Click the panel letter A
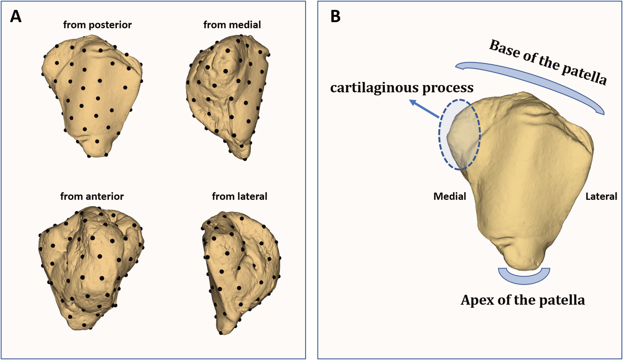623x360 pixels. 16,16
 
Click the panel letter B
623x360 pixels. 335,16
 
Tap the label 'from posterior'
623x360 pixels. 97,25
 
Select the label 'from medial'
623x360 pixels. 232,25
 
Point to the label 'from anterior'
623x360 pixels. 92,196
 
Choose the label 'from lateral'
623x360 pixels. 239,196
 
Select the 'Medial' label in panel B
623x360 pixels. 450,196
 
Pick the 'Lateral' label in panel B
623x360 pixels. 601,196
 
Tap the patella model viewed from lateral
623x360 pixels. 239,270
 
